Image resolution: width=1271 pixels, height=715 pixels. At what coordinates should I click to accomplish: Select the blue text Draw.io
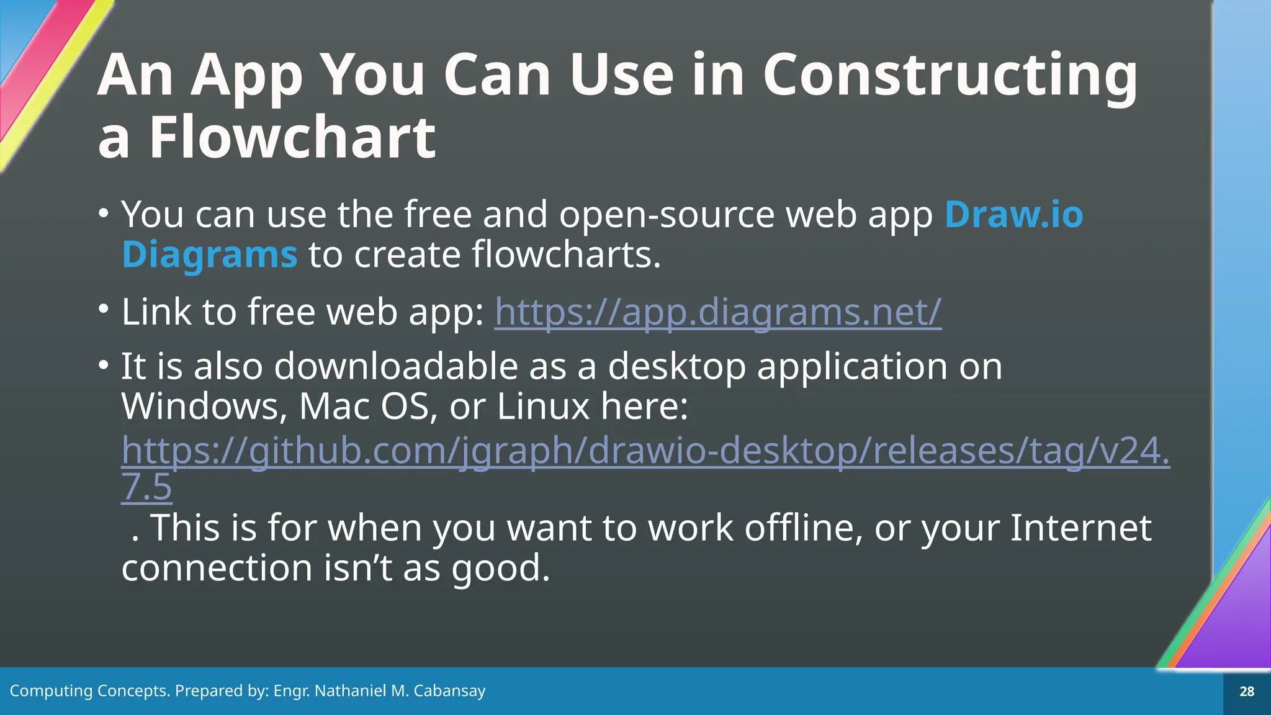click(1013, 215)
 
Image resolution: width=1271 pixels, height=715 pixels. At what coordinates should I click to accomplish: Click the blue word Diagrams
click(210, 255)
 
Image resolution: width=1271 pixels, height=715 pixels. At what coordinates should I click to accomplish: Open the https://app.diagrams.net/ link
click(717, 312)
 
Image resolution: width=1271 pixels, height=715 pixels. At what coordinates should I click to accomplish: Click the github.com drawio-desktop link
click(645, 451)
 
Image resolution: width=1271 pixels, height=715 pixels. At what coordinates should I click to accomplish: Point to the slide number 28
click(1246, 691)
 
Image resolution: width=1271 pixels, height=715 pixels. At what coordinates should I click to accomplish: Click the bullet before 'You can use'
click(104, 213)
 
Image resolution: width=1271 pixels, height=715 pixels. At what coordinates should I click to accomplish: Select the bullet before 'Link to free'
click(104, 308)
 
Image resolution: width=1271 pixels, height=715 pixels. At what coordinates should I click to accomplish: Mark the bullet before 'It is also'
click(104, 364)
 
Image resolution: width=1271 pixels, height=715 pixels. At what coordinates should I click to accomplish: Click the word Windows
click(204, 407)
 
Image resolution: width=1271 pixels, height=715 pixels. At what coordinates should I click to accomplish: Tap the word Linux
click(543, 407)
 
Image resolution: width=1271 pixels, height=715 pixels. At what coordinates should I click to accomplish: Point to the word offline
click(803, 528)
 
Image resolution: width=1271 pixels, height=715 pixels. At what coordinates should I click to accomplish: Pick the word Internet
click(1080, 528)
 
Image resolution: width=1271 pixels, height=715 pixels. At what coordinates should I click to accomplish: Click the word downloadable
click(396, 366)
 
